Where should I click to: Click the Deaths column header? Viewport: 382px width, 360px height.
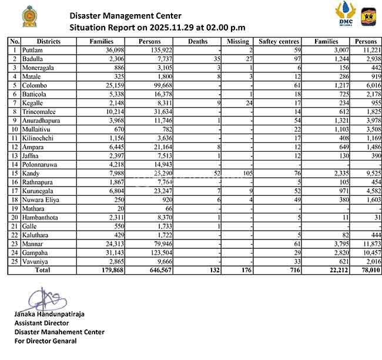tap(198, 42)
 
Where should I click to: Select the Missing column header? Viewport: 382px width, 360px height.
tap(238, 42)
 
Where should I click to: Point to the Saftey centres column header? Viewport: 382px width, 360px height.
tap(279, 42)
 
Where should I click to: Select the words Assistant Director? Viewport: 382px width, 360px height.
tap(41, 323)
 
